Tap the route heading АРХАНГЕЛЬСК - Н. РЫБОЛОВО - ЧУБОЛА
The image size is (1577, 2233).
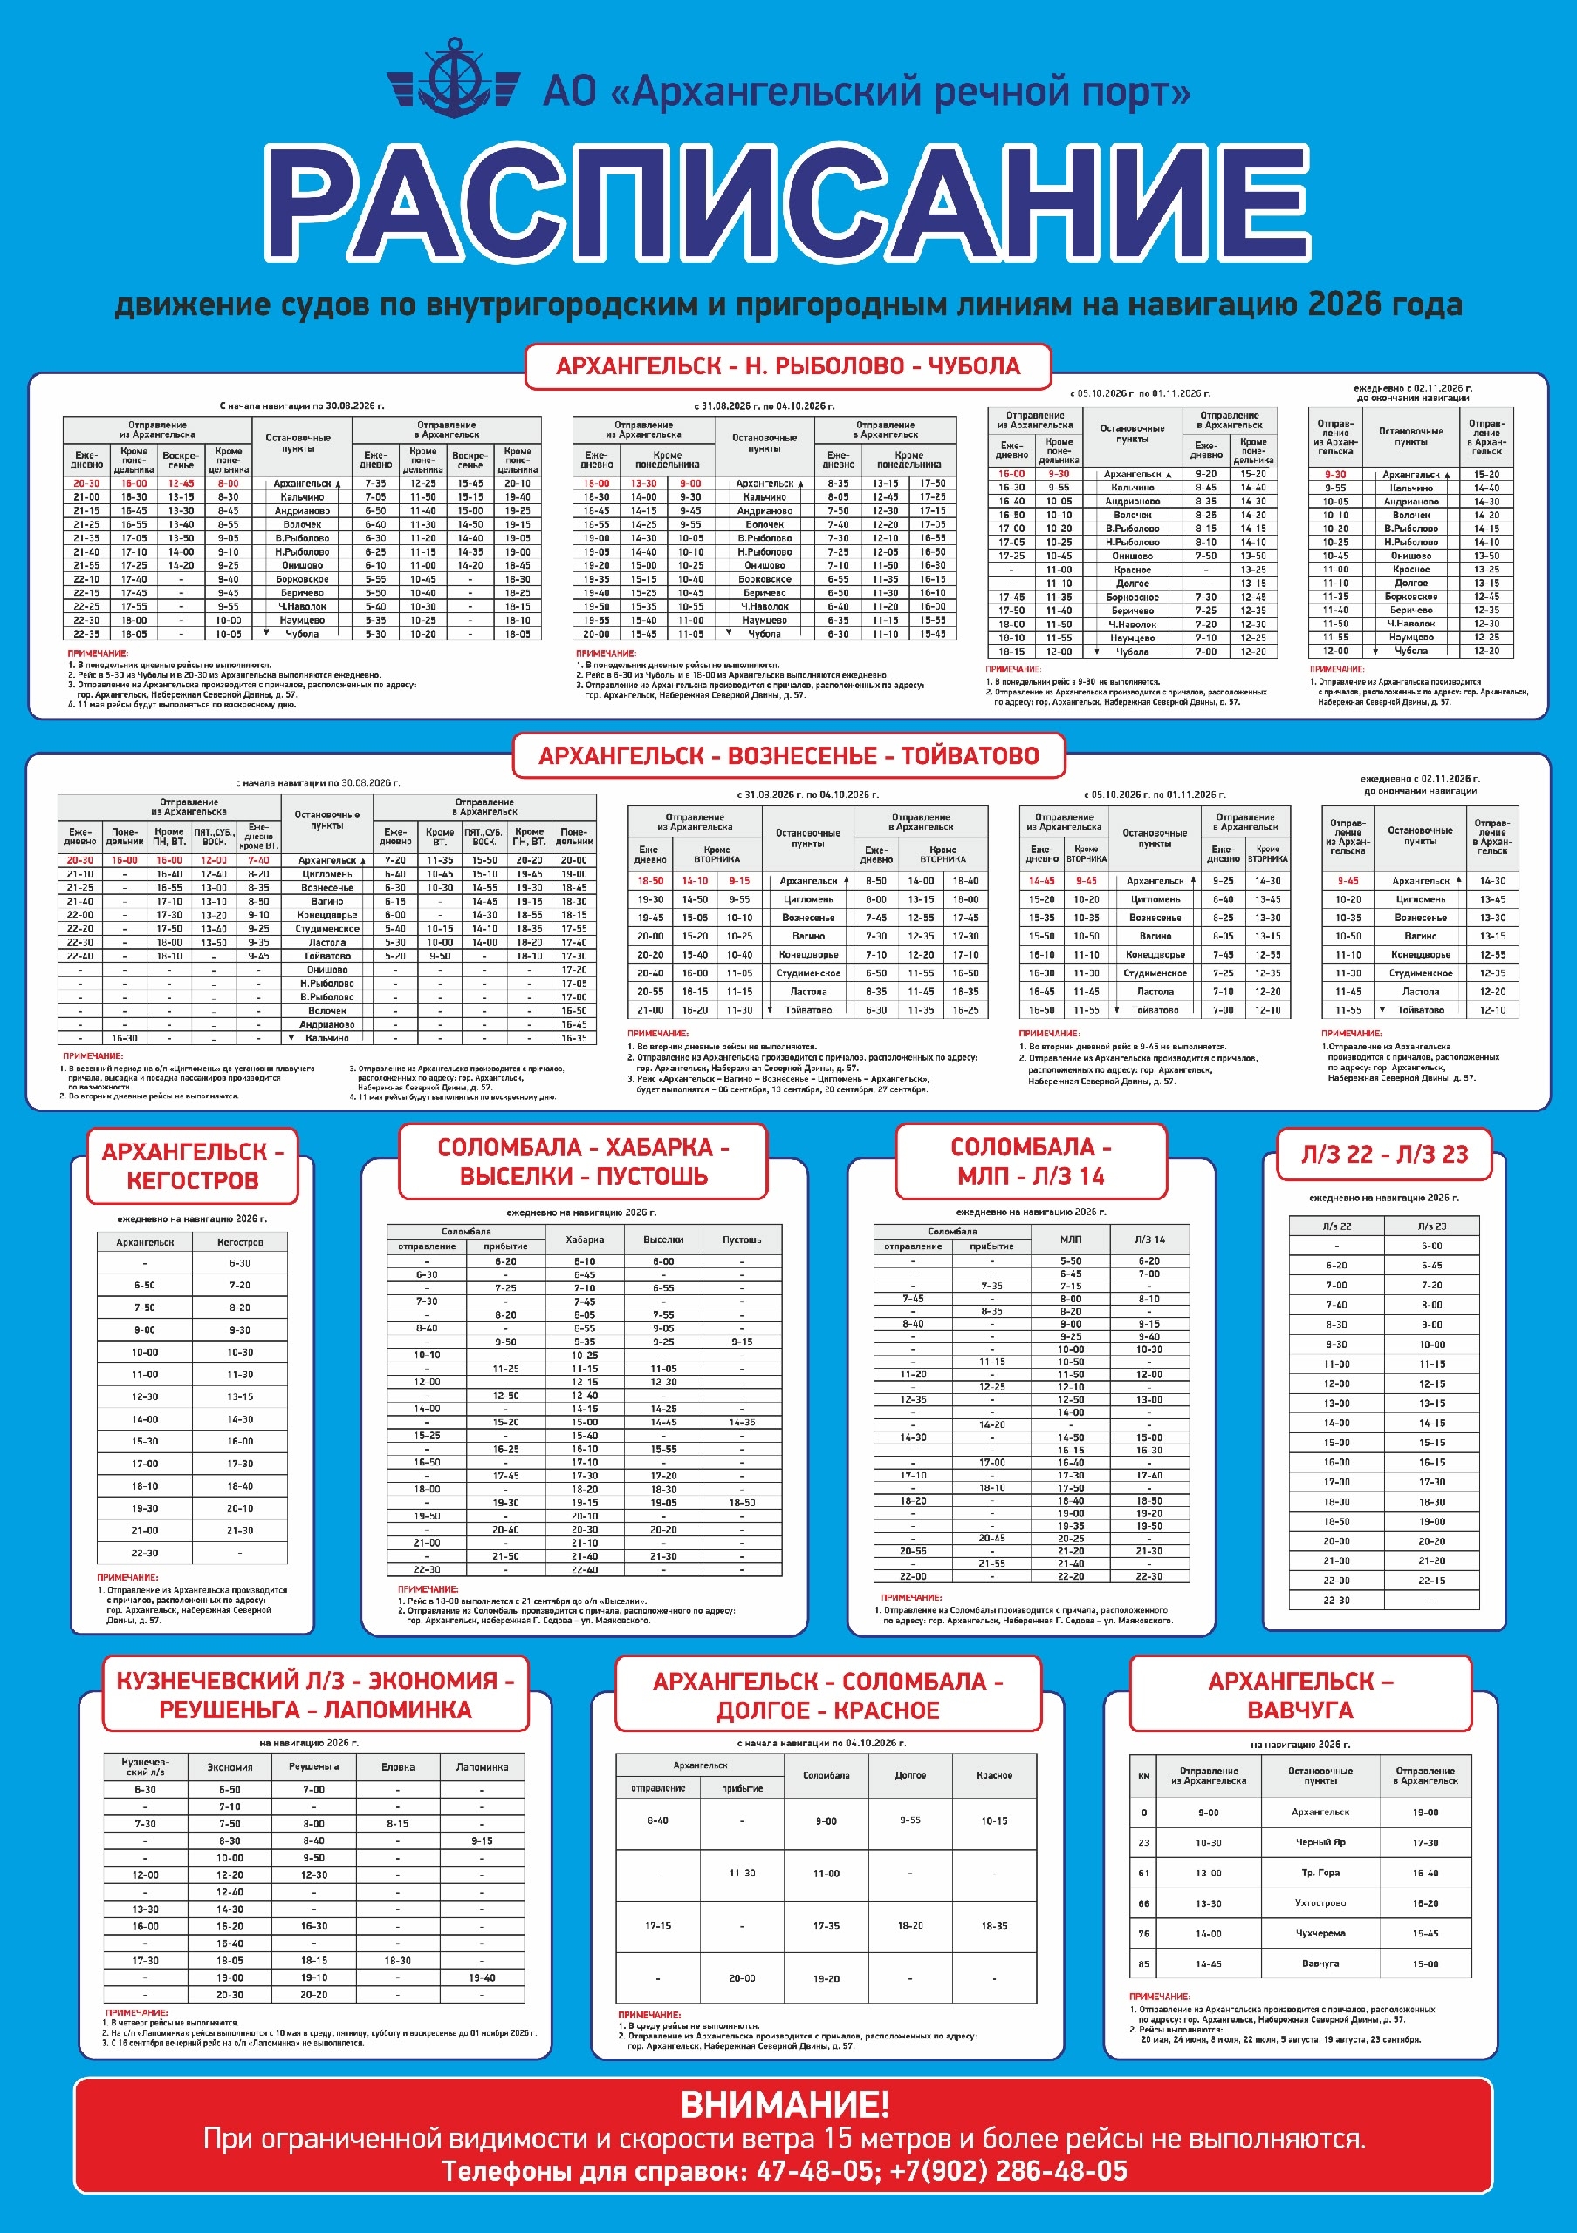(x=788, y=366)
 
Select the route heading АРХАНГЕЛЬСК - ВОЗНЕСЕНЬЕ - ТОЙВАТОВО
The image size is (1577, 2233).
(x=789, y=755)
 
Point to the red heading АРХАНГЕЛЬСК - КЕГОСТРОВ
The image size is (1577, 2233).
(x=193, y=1165)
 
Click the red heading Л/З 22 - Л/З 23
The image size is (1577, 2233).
(x=1384, y=1154)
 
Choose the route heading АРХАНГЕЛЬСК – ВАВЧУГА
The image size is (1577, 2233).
(x=1299, y=1695)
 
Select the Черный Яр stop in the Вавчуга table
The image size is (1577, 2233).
(x=1320, y=1843)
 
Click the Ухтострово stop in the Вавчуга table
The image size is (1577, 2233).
(x=1320, y=1903)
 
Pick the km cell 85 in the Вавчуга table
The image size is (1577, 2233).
(x=1144, y=1963)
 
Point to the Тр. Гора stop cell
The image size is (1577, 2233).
(x=1320, y=1873)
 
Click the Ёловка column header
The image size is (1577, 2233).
(x=398, y=1767)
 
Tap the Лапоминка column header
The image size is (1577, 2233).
(x=482, y=1767)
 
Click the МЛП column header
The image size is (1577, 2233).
(x=1070, y=1239)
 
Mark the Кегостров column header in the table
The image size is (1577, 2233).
(x=239, y=1242)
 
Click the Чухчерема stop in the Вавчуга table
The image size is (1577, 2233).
(x=1320, y=1934)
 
